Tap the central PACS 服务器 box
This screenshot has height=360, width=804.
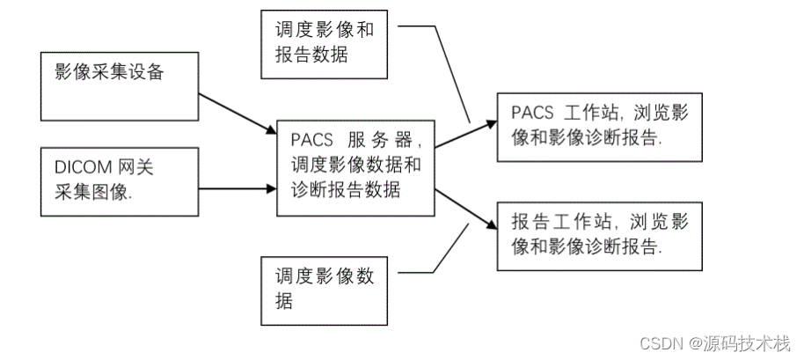[x=354, y=167]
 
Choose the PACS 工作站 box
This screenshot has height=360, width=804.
[x=589, y=126]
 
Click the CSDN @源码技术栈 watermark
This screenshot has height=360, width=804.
[x=713, y=342]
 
